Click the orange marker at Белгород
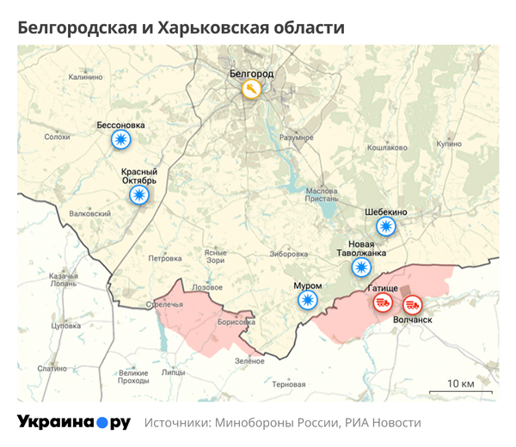(x=250, y=89)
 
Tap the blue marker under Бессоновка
(x=120, y=140)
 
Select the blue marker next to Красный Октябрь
(x=138, y=195)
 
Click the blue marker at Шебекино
(x=386, y=227)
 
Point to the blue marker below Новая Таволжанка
(x=360, y=267)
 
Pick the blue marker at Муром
(x=307, y=300)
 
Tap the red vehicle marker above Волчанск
(x=412, y=303)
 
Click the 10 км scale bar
(x=461, y=391)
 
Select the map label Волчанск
(x=412, y=320)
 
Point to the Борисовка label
(x=237, y=322)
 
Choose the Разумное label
(x=297, y=138)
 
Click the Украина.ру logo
(x=74, y=423)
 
